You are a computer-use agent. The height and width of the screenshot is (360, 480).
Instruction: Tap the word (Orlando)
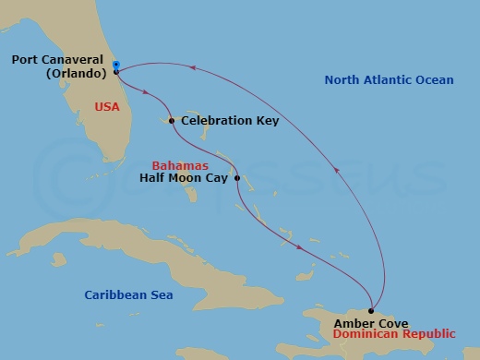75,74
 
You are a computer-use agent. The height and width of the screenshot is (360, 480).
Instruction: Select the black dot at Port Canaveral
116,71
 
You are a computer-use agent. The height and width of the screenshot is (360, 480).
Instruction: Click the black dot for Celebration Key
172,121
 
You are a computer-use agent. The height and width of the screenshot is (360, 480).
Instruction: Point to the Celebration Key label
230,121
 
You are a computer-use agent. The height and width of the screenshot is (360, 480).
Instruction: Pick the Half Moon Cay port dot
237,178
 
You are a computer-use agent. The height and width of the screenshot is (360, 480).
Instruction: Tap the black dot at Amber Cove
371,311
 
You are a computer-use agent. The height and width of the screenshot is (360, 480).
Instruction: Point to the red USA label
107,107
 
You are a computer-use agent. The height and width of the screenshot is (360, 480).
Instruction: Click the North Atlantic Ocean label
389,80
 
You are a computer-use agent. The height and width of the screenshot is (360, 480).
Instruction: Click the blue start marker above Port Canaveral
116,64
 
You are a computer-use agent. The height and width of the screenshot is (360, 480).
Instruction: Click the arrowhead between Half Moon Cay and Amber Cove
300,247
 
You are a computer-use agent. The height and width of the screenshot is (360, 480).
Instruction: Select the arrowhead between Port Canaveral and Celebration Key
148,90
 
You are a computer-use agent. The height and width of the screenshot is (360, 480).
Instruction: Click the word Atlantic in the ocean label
390,80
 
